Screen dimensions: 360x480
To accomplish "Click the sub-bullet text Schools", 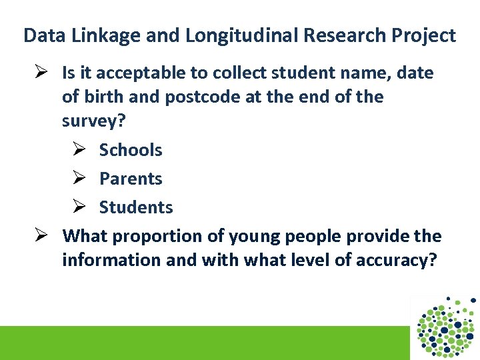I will tap(131, 150).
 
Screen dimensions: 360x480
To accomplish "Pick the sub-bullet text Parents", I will tap(131, 179).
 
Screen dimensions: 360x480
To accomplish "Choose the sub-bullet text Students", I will tap(136, 207).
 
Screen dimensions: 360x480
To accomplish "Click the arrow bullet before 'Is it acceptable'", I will tap(43, 73).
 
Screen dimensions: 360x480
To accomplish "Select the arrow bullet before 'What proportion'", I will tap(43, 236).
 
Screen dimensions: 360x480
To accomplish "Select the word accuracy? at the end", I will tap(395, 259).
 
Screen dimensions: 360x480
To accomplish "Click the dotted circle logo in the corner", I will tap(445, 327).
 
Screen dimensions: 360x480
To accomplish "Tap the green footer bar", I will tap(200, 343).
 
